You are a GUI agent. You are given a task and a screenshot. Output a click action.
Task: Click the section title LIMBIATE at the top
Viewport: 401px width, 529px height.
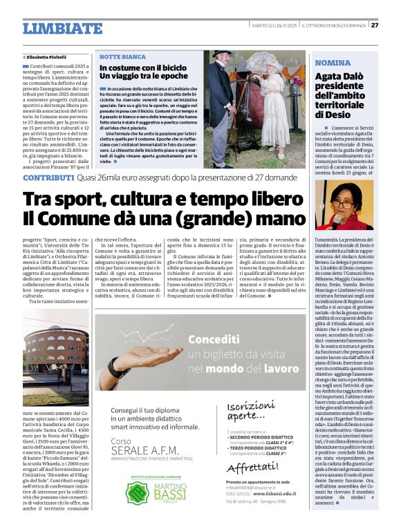tap(62, 28)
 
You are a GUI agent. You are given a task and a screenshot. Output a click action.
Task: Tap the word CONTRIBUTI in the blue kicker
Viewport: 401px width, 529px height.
tap(48, 177)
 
